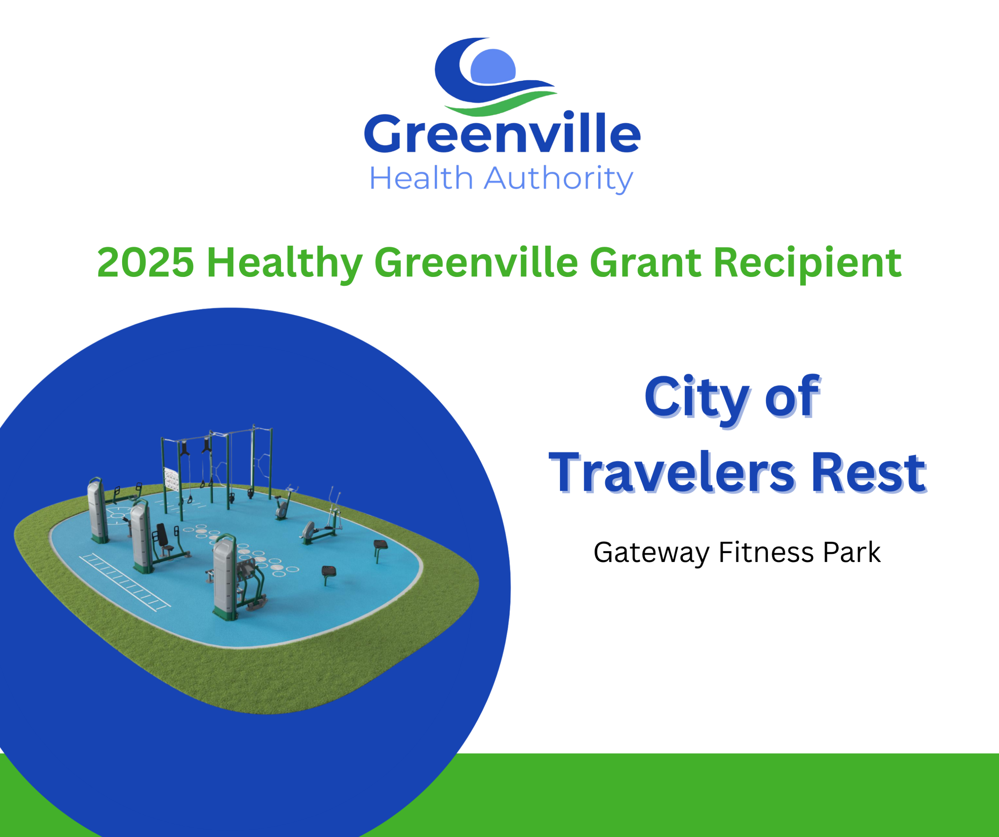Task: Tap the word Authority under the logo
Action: (558, 179)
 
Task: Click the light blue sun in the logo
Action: (493, 66)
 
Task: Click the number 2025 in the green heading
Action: (146, 262)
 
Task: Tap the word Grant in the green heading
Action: (645, 262)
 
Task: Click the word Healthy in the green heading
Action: (284, 264)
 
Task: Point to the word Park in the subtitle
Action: (851, 552)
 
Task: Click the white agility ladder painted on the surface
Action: (124, 582)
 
